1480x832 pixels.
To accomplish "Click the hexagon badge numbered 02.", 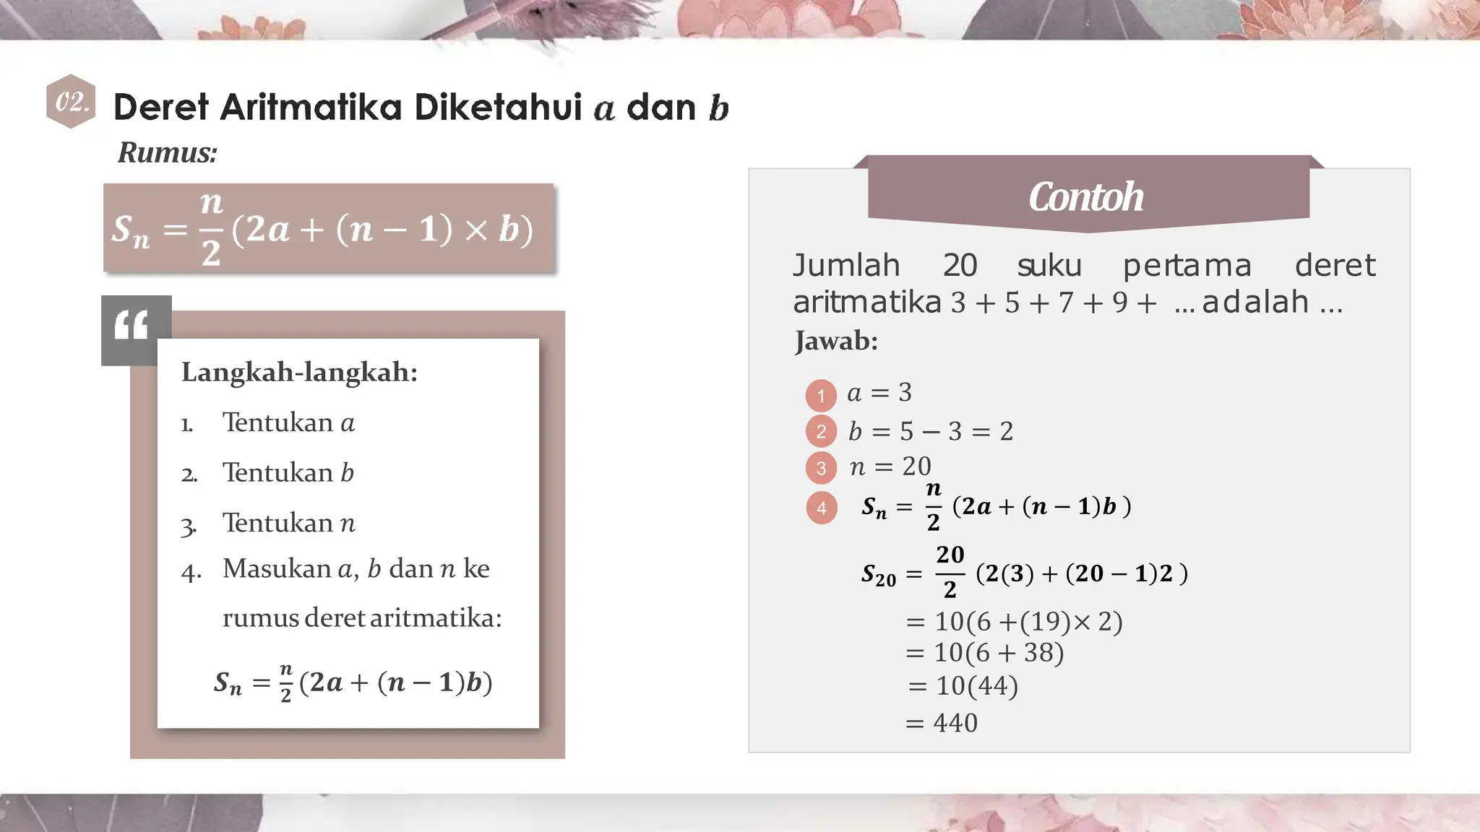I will (71, 102).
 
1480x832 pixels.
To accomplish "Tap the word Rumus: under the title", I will (167, 152).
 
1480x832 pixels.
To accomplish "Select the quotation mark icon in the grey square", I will (132, 326).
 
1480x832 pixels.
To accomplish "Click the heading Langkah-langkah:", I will (299, 373).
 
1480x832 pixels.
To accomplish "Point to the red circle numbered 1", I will (820, 395).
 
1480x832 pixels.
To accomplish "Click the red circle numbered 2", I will (820, 431).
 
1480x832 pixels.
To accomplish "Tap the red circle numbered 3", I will (820, 467).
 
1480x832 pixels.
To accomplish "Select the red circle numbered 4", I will (821, 508).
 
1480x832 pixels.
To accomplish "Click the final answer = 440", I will (942, 723).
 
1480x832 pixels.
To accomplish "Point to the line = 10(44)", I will (963, 685).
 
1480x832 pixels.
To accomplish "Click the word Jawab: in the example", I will (836, 341).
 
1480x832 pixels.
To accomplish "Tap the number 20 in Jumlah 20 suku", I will (960, 266).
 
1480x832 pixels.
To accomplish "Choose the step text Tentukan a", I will (288, 422).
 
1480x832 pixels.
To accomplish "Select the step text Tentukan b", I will (288, 473).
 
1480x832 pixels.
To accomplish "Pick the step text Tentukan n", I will (288, 523).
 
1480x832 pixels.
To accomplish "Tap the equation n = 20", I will (890, 467).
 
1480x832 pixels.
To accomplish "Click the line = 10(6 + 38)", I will (985, 653).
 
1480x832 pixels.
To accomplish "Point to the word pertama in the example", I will (1187, 266).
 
